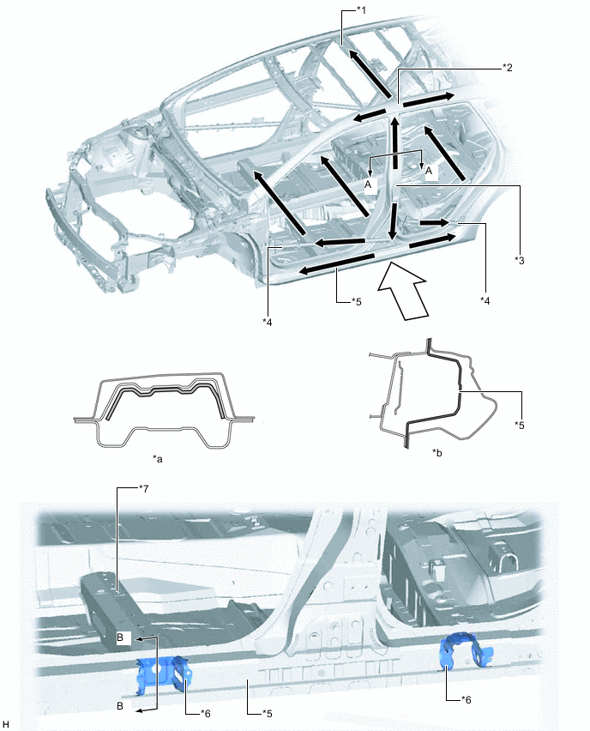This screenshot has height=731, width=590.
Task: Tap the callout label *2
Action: coord(507,68)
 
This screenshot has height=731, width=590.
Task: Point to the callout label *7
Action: coord(144,488)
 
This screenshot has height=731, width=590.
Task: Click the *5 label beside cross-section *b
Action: coord(520,425)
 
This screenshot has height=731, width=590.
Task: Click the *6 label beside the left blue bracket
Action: coord(206,712)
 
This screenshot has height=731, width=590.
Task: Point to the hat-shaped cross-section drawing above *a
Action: coord(163,408)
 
